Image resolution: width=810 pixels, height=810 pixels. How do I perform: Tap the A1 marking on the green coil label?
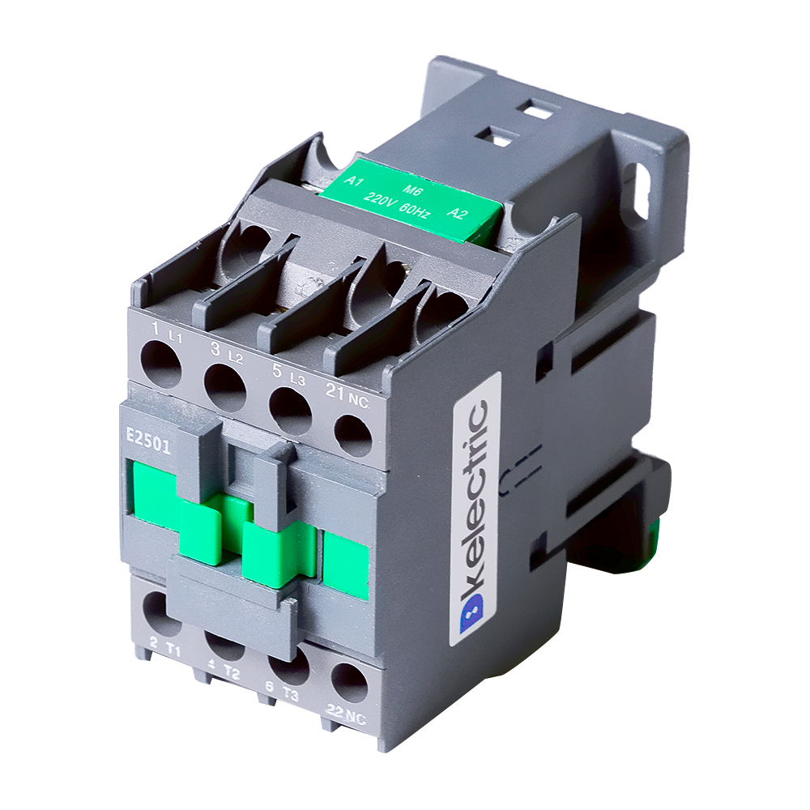(354, 181)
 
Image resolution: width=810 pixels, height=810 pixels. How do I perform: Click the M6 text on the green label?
(412, 190)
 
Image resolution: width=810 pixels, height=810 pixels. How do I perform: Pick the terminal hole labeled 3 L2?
(225, 388)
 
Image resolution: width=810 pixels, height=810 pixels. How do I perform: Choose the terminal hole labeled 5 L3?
(290, 411)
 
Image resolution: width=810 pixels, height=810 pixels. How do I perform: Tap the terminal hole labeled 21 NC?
(353, 435)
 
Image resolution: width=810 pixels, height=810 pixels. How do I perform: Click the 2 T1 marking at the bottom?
(164, 648)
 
